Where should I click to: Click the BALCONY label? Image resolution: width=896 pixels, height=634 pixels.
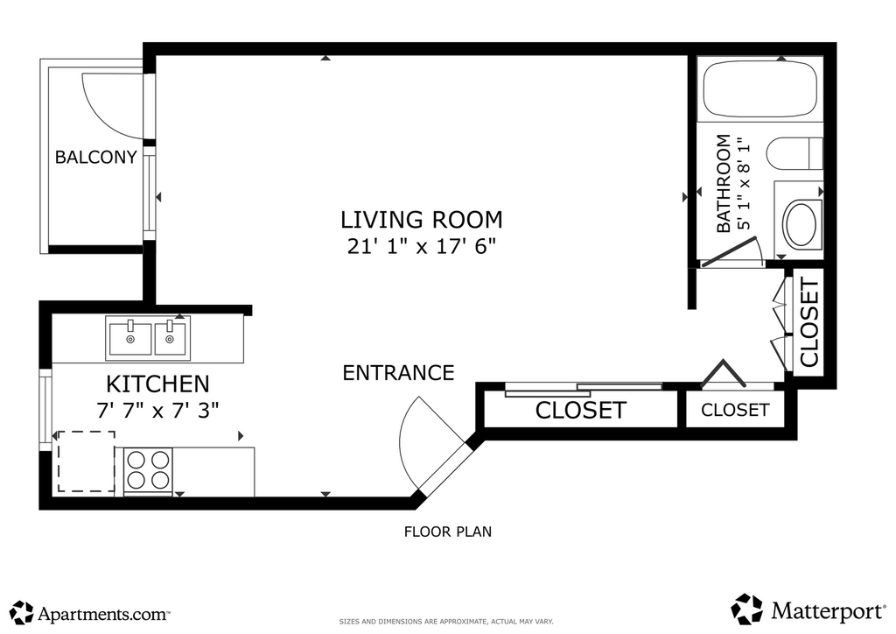click(96, 157)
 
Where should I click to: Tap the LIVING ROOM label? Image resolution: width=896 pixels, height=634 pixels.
click(422, 220)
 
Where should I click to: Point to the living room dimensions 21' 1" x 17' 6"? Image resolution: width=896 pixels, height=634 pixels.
click(422, 246)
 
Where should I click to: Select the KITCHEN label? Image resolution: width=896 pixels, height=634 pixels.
click(157, 384)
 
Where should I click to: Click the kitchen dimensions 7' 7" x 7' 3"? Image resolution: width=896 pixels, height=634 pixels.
click(157, 410)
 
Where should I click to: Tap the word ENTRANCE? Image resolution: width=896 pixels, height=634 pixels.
click(398, 373)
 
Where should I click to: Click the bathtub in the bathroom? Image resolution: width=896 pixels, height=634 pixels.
click(760, 88)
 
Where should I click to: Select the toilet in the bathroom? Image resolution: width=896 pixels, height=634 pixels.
click(794, 154)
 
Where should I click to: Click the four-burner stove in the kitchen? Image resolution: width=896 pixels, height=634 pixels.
click(148, 470)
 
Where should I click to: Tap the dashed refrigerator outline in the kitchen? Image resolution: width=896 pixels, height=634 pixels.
click(87, 461)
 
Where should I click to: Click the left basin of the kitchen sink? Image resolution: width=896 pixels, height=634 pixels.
click(130, 338)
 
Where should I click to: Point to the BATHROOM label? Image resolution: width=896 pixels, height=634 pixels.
click(724, 184)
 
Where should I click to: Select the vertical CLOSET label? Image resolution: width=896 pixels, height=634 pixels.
click(809, 322)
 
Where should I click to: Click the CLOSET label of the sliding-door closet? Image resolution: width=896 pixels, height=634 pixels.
click(581, 410)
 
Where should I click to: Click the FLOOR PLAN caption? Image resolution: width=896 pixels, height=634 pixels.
click(448, 532)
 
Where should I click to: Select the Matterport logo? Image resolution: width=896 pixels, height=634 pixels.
click(808, 610)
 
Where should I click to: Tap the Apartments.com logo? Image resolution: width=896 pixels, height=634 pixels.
click(90, 613)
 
